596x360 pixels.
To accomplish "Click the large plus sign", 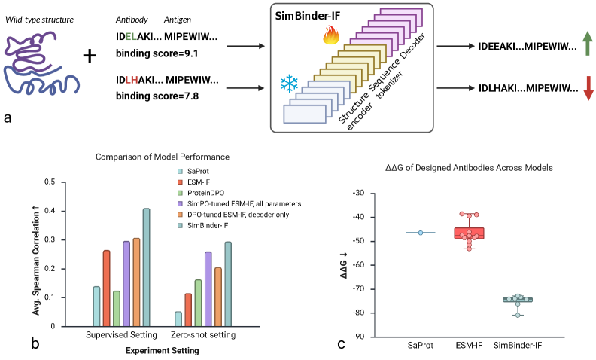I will pos(90,56).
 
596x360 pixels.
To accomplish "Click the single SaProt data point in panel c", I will pos(421,233).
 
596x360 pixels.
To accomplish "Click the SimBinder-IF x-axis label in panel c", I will pos(518,346).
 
